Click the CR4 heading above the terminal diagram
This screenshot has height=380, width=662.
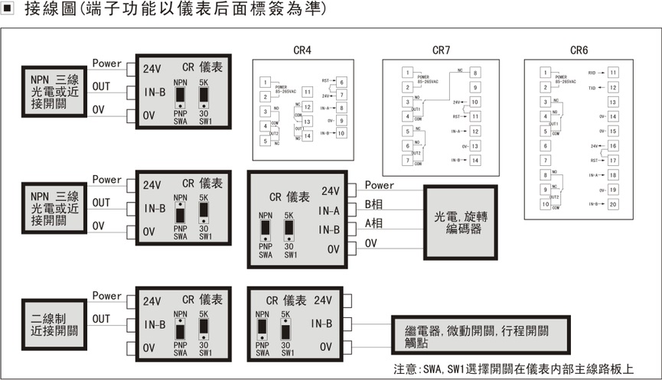click(302, 50)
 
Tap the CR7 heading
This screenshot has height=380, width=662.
click(441, 50)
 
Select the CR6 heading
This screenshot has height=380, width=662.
click(579, 50)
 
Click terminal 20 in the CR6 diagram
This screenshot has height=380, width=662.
click(613, 204)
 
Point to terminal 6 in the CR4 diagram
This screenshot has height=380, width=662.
click(341, 82)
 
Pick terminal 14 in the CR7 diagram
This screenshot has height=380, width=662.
click(475, 160)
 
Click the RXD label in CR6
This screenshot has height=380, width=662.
click(592, 73)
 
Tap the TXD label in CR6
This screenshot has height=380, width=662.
click(592, 88)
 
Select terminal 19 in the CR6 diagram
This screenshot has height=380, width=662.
click(613, 190)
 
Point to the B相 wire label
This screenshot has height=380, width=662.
click(374, 205)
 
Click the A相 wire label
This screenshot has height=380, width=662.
click(374, 224)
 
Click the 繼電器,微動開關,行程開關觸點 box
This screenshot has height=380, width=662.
click(481, 336)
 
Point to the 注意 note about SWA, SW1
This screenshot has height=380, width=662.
click(514, 369)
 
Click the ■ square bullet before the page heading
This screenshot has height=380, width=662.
click(9, 11)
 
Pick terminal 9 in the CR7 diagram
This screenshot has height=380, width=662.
click(475, 87)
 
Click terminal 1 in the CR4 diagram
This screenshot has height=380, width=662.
click(264, 82)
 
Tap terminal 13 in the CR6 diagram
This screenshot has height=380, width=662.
click(613, 102)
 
